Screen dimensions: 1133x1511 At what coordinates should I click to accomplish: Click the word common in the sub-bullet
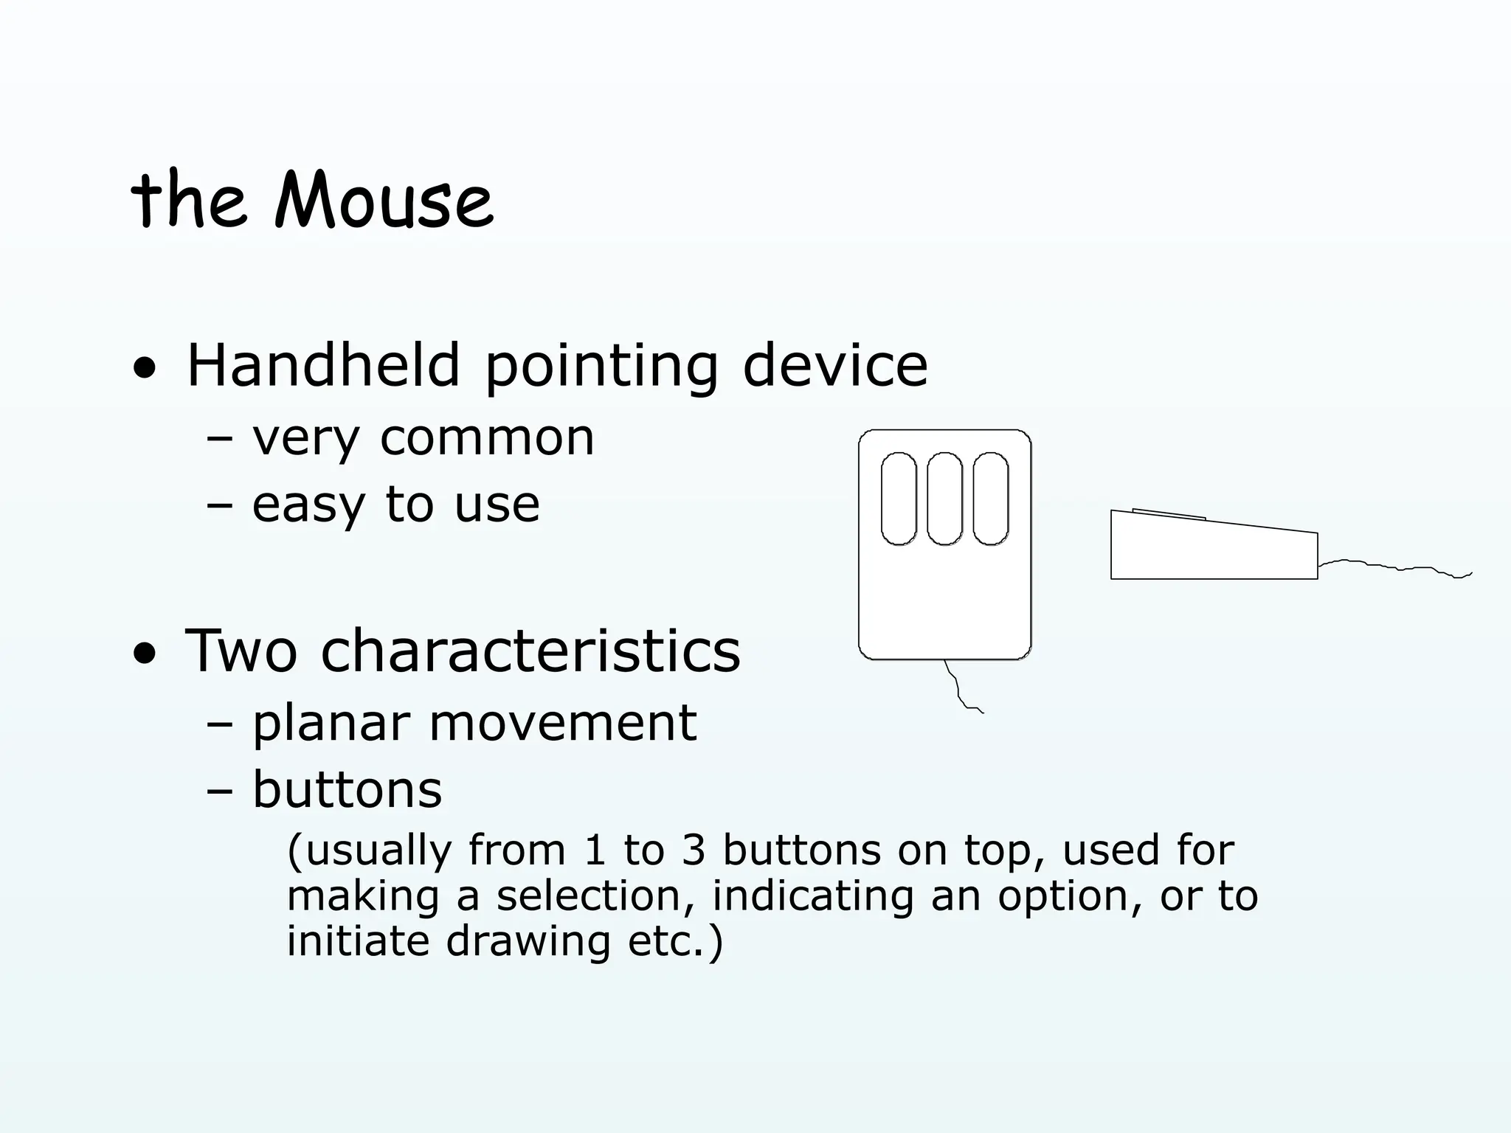486,438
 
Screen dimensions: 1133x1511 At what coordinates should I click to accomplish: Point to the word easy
308,506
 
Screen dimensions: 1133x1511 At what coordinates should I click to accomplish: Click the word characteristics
530,651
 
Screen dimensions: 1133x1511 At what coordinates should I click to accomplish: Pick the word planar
331,723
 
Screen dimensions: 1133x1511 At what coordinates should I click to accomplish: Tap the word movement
562,723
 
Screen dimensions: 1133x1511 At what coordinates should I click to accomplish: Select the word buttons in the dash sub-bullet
347,789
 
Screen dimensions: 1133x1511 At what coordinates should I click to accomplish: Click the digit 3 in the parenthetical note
694,850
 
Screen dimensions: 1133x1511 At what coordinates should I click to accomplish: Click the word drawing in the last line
528,941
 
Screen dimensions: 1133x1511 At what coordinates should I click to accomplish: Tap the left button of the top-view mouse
899,499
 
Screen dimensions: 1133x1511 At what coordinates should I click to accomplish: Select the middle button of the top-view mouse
944,499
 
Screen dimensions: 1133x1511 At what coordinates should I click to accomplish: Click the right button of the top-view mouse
990,499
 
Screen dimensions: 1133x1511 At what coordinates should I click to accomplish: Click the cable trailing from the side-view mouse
1394,567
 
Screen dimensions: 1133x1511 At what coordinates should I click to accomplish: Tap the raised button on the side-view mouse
1169,513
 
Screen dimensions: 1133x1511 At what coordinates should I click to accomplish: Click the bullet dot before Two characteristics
145,653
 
